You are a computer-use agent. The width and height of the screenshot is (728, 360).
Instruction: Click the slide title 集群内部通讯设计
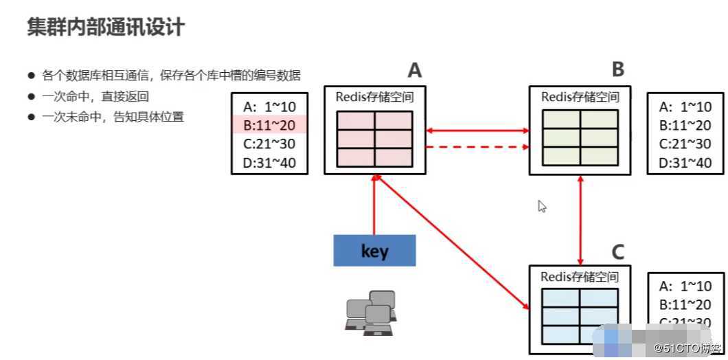106,27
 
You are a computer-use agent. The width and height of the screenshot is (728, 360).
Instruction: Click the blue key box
374,251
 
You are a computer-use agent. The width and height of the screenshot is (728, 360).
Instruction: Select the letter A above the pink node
414,70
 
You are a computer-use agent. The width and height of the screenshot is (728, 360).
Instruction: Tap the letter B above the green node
617,69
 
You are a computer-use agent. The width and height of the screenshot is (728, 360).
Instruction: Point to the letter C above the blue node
618,252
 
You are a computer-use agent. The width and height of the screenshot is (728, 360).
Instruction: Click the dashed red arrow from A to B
477,147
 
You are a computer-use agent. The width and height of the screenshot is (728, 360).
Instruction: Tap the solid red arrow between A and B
477,129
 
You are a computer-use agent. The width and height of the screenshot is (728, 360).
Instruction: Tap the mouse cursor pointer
542,205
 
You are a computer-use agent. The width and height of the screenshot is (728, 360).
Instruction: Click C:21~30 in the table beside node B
685,144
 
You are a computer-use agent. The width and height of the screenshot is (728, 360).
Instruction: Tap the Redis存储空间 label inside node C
580,277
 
